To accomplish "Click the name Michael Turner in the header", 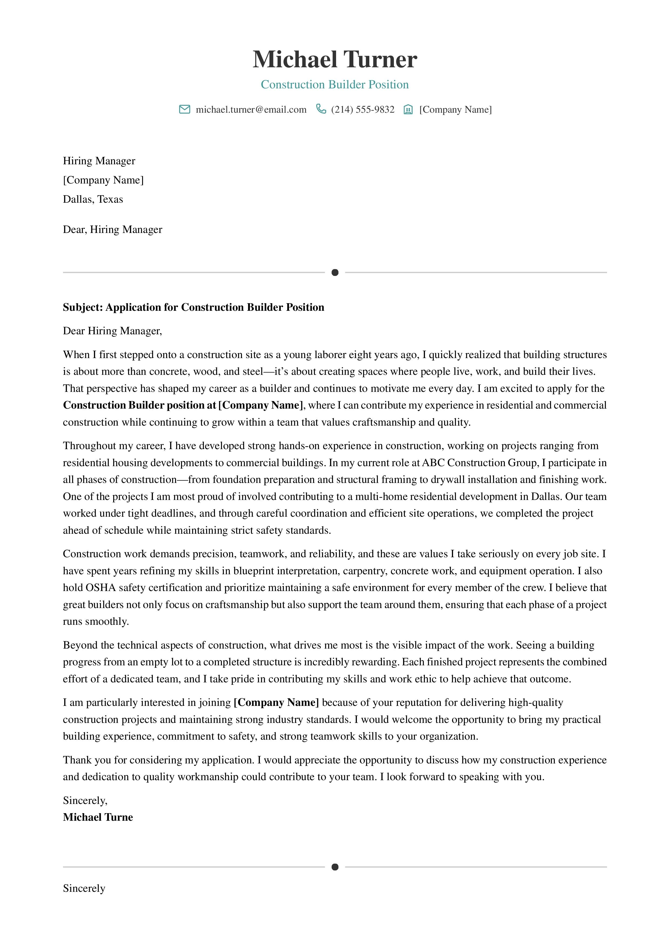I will coord(335,59).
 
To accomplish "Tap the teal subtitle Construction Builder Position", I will coord(335,85).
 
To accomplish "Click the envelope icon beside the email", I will coord(185,109).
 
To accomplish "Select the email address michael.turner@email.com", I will coord(251,109).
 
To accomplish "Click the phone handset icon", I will coord(321,109).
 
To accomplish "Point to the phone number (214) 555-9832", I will coord(363,109).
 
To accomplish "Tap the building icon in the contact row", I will coord(408,109).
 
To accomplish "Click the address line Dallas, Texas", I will coord(93,199).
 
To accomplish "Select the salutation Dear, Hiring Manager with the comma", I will coord(112,229).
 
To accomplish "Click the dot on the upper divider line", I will coord(335,272).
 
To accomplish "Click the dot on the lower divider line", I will coord(335,867).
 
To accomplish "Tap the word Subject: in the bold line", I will coord(83,307).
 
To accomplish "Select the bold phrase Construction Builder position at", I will coord(139,405).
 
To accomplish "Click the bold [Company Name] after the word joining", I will coord(276,702).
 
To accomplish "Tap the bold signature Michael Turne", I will coord(98,817).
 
